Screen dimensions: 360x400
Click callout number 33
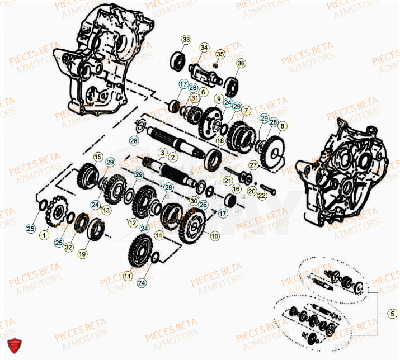point(186,40)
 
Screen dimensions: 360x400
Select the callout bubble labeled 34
point(204,48)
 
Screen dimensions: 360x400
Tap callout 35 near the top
point(220,54)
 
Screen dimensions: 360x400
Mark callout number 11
point(129,276)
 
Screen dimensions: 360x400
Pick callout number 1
point(44,236)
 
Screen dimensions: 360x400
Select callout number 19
point(82,253)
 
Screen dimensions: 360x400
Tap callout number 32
point(68,247)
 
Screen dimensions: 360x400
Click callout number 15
point(97,157)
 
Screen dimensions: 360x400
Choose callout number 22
point(262,195)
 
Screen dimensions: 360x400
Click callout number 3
point(162,153)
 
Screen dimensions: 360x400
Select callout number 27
point(253,165)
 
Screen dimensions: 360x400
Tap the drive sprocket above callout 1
point(56,212)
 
